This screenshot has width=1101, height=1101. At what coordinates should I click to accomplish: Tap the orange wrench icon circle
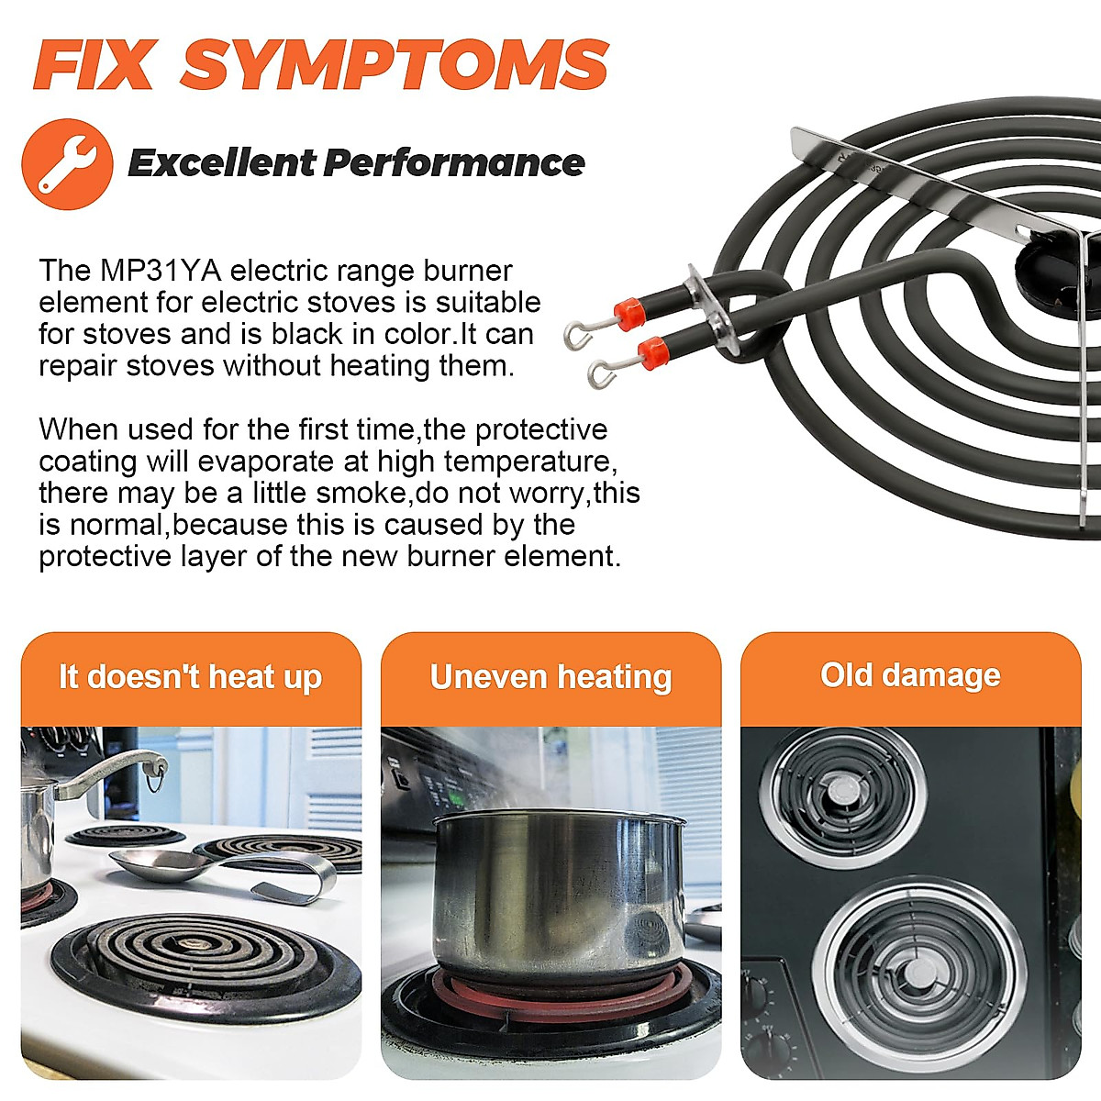[x=67, y=164]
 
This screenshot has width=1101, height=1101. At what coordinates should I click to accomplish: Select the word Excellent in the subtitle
[x=221, y=163]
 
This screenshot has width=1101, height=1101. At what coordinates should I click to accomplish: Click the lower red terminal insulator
[x=652, y=351]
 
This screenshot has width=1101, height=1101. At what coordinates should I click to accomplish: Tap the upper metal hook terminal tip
[x=575, y=337]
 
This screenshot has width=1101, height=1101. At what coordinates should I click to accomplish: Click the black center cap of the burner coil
[x=1046, y=276]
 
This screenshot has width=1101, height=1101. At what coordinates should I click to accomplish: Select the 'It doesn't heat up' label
[x=190, y=677]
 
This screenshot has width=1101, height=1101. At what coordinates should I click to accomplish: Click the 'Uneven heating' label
[x=550, y=677]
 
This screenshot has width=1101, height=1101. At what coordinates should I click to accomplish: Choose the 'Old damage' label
[x=910, y=675]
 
